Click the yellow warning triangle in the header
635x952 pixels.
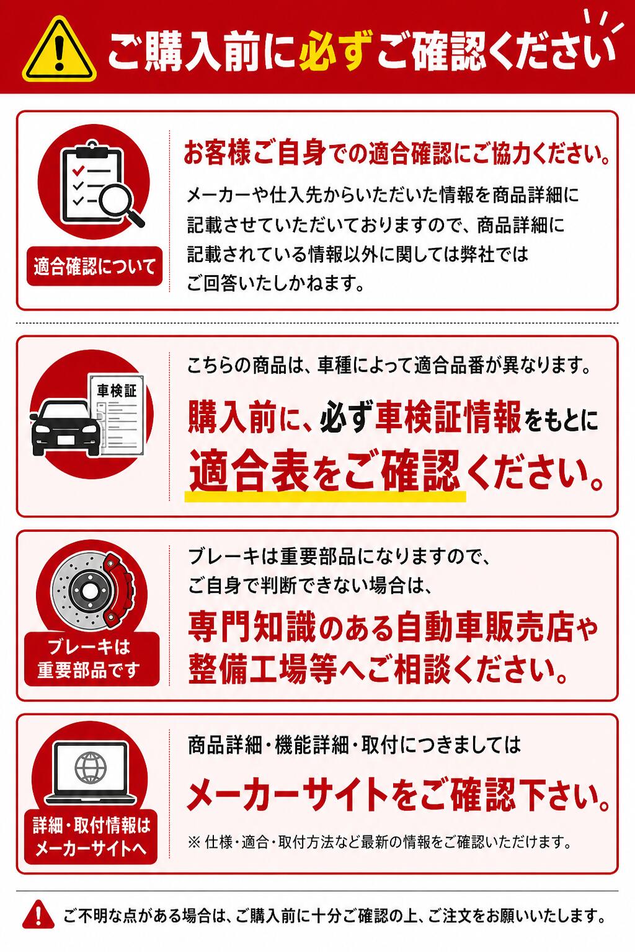(59, 50)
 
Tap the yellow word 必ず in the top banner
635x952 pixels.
(337, 51)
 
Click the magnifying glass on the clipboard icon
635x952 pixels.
(120, 203)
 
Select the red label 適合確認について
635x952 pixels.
(94, 267)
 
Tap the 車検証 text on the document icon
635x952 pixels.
(117, 390)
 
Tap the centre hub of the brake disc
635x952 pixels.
(87, 590)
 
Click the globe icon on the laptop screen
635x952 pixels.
(91, 767)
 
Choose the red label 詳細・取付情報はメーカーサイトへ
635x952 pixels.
(91, 837)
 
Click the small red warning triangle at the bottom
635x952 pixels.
(38, 914)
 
